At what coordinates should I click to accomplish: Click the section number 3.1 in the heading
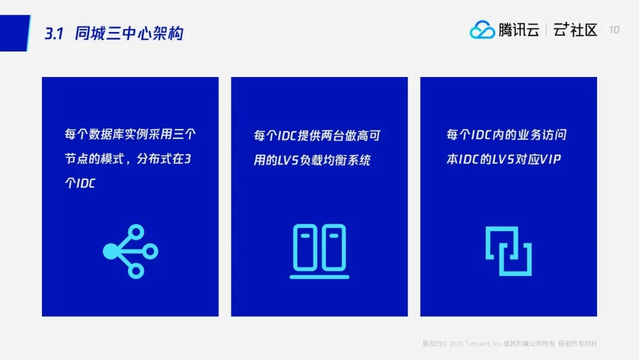[54, 33]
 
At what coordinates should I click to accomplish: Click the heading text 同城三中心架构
[129, 33]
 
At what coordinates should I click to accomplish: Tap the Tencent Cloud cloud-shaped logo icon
[482, 30]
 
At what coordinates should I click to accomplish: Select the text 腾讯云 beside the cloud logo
[519, 30]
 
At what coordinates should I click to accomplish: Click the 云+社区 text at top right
[575, 30]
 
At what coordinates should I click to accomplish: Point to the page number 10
[614, 30]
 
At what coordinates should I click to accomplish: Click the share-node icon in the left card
[130, 251]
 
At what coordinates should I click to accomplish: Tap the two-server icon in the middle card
[319, 251]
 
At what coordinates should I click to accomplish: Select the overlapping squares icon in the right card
[509, 251]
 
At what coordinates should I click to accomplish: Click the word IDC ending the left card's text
[86, 184]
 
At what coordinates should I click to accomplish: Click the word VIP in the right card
[550, 159]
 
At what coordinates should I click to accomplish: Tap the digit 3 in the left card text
[188, 159]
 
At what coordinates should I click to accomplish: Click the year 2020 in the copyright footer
[456, 343]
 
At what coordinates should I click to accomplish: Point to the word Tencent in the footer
[477, 343]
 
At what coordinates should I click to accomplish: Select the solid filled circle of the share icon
[111, 251]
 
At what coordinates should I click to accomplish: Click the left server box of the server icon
[305, 247]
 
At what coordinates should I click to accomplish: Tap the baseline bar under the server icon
[319, 277]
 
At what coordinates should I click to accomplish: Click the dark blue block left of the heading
[15, 33]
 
